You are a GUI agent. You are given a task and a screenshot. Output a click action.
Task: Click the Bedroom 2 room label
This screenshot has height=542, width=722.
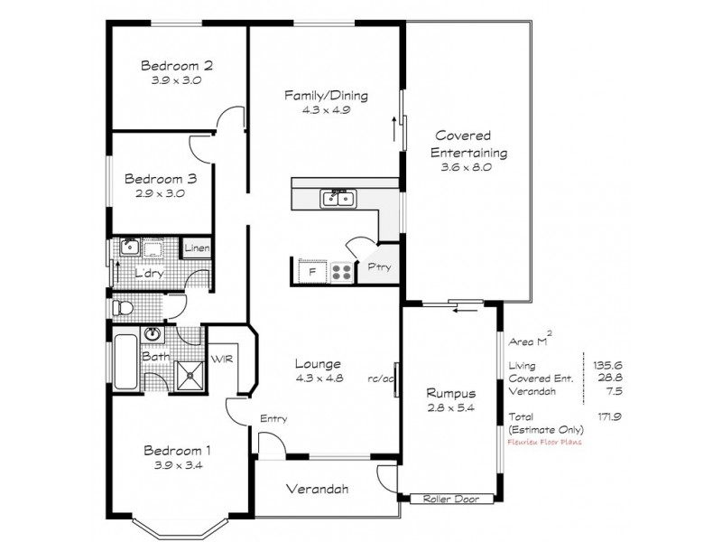pyautogui.click(x=176, y=65)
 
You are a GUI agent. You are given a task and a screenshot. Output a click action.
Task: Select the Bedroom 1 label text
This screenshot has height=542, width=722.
pyautogui.click(x=176, y=451)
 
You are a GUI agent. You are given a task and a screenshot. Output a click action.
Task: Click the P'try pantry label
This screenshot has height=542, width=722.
pyautogui.click(x=376, y=267)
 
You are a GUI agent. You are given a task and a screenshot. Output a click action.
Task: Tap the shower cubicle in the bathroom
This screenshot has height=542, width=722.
pyautogui.click(x=190, y=373)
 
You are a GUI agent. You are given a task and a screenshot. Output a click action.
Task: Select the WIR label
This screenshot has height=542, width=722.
pyautogui.click(x=221, y=359)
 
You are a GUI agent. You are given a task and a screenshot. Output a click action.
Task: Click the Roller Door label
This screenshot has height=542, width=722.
pyautogui.click(x=441, y=499)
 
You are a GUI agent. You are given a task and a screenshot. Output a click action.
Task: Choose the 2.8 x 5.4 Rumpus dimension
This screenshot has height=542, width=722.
pyautogui.click(x=451, y=408)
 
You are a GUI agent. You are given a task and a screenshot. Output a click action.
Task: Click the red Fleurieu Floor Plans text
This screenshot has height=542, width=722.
pyautogui.click(x=546, y=443)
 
